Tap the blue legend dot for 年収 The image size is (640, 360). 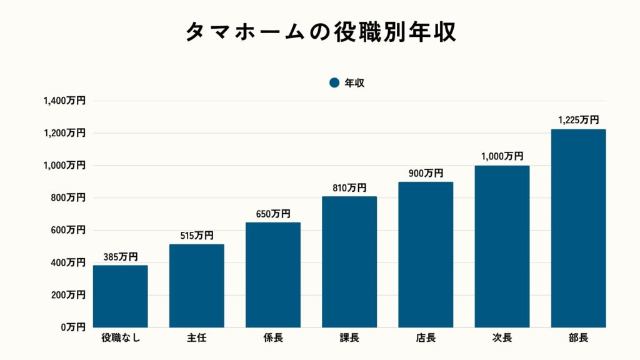coord(334,82)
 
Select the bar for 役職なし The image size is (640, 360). coord(121,296)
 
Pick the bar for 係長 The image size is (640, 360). coord(273,275)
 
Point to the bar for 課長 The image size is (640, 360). coord(349,262)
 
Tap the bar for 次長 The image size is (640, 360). coord(502,246)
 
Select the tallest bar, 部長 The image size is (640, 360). coord(578,228)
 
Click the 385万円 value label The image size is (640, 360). coord(121,257)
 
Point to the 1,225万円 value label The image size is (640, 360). coord(578,120)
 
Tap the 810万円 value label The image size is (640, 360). coord(349,187)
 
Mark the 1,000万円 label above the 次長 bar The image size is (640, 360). coord(502,157)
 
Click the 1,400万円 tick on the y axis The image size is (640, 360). coord(64,101)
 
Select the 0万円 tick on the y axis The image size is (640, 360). coord(72,327)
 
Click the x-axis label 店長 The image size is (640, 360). coord(426,339)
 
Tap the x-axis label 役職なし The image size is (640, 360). coord(121,339)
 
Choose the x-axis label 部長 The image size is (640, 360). coord(578,339)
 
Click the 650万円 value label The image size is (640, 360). coord(273,214)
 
